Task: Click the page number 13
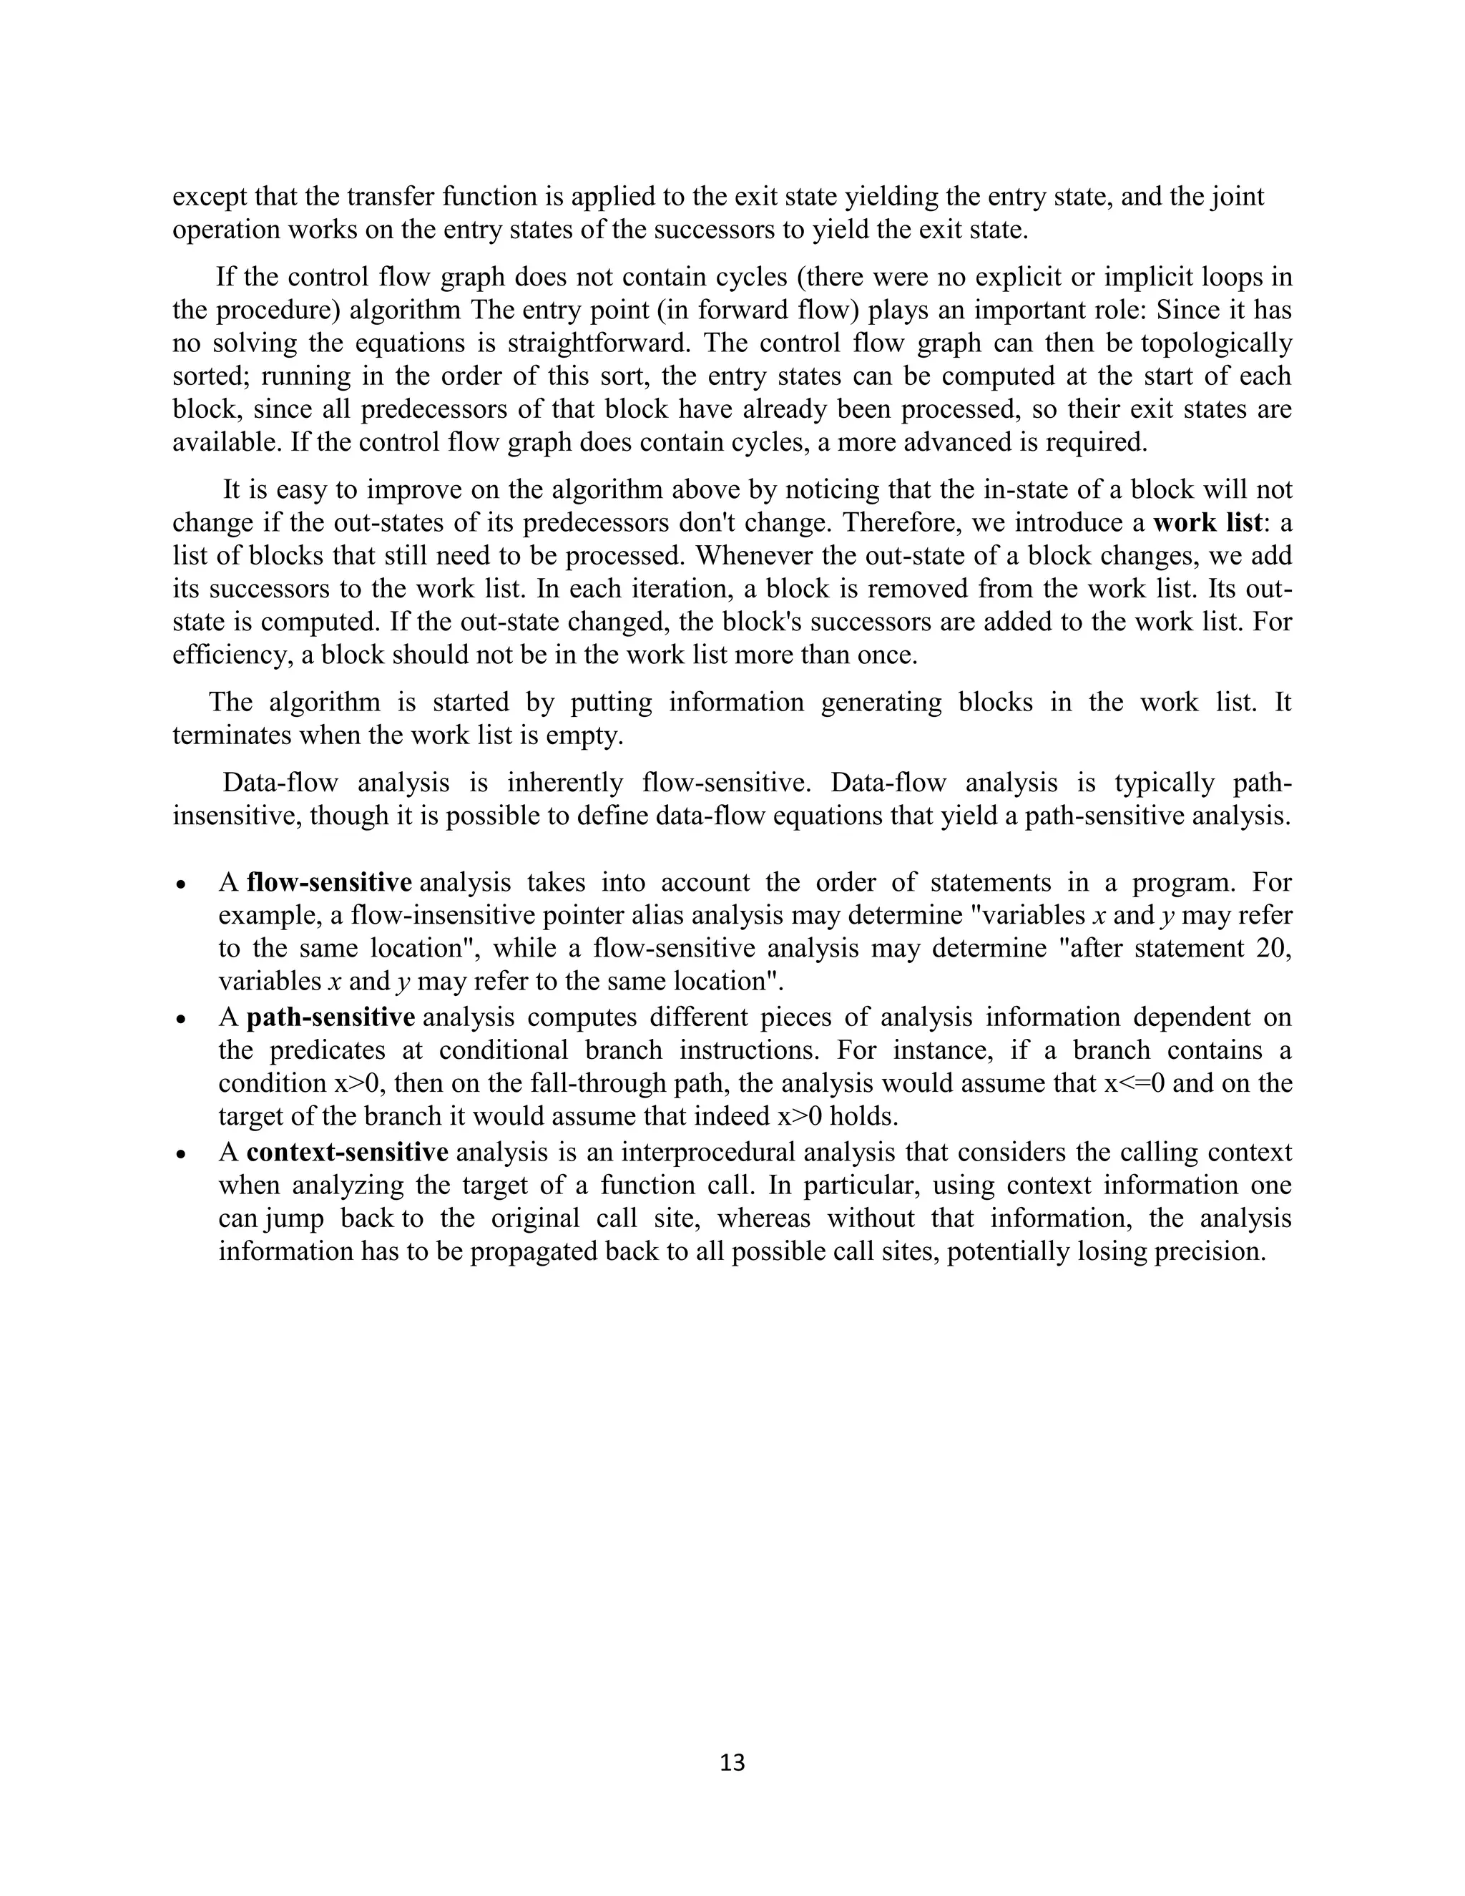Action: pos(732,1761)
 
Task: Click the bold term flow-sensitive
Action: pos(329,883)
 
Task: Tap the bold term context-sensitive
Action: pos(346,1152)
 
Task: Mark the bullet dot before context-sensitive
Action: pos(180,1155)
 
